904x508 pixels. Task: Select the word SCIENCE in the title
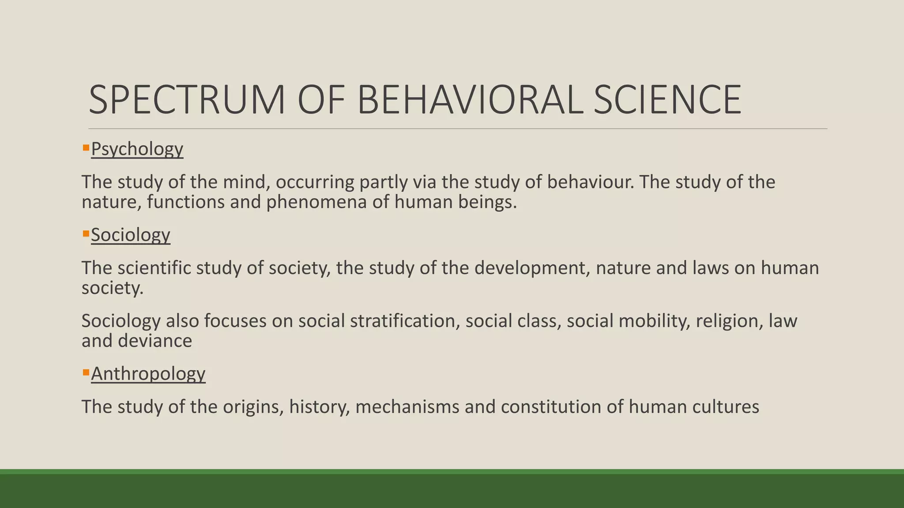point(667,101)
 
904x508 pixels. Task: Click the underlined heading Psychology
point(137,149)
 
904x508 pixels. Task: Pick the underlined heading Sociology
point(130,235)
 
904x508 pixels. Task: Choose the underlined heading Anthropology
point(148,374)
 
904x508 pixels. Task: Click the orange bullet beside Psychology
point(86,147)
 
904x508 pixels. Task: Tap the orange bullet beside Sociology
point(86,233)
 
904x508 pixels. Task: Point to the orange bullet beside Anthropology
point(86,372)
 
